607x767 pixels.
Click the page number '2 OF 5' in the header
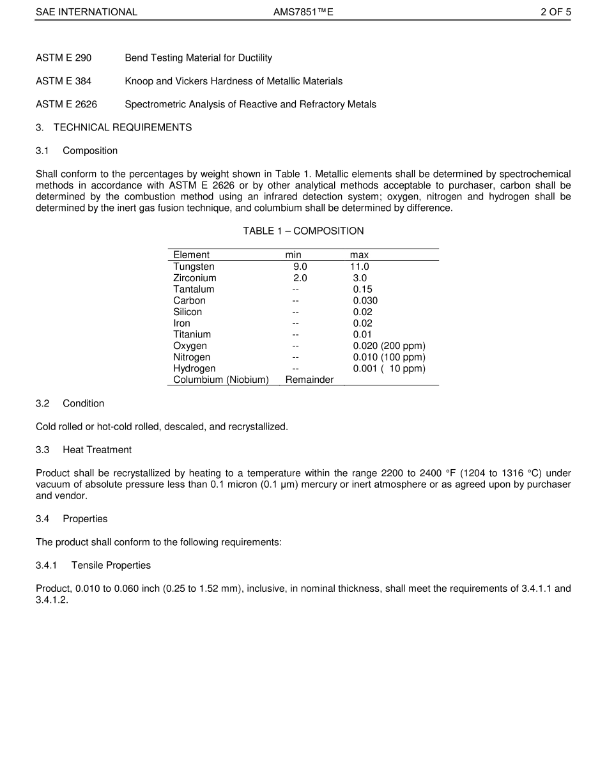point(555,12)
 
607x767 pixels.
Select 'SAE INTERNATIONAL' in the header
point(86,12)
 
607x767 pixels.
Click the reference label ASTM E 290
point(63,58)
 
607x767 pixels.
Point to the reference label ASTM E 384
point(63,81)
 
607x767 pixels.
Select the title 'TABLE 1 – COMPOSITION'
point(303,231)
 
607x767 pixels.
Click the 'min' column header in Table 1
point(293,255)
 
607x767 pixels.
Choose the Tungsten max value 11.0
point(359,267)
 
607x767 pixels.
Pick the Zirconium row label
point(195,278)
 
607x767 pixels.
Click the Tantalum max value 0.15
point(362,290)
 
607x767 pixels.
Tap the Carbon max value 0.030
point(365,300)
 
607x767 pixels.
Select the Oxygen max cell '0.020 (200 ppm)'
point(389,346)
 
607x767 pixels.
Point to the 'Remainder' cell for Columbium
point(309,380)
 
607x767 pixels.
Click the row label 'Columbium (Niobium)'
point(221,380)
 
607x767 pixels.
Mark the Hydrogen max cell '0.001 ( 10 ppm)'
point(389,369)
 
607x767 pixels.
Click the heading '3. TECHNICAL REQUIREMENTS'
point(114,127)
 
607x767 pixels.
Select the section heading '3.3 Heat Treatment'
point(84,450)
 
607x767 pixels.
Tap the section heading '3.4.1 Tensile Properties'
point(93,566)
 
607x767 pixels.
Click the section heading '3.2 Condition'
point(70,404)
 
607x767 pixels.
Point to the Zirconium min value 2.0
point(300,278)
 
